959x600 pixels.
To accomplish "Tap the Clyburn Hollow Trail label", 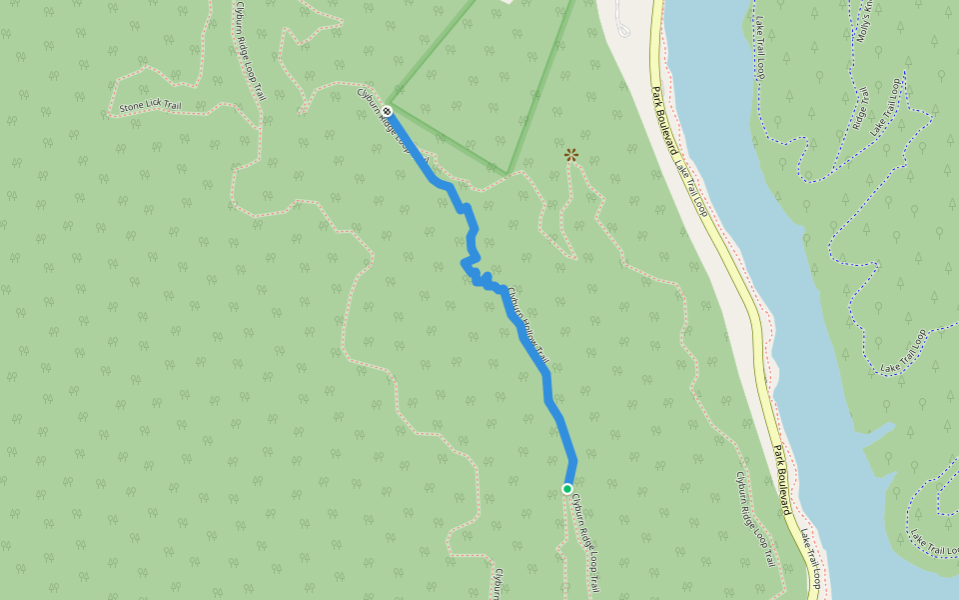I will (x=527, y=325).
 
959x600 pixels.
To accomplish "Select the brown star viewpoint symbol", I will (x=571, y=154).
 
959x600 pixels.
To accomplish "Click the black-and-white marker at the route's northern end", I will (x=387, y=111).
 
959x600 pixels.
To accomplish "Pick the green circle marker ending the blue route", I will (x=567, y=488).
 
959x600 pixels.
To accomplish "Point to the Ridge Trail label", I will (x=857, y=111).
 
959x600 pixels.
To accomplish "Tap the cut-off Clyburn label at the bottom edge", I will (x=495, y=583).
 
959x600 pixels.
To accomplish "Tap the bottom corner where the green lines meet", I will (x=508, y=173).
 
